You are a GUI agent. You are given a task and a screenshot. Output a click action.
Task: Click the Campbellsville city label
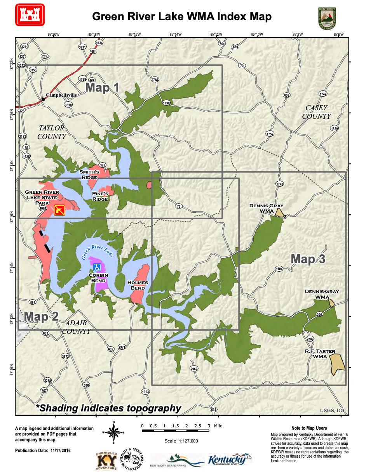[61, 95]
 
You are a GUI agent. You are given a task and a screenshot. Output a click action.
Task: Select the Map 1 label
[102, 87]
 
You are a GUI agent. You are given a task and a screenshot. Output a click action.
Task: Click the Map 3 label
[308, 259]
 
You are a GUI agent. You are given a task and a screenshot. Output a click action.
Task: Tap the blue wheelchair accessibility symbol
[98, 267]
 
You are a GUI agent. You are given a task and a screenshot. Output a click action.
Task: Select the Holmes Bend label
[136, 285]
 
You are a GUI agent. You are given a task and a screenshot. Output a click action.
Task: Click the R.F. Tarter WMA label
[320, 354]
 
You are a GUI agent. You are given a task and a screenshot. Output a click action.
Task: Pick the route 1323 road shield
[145, 392]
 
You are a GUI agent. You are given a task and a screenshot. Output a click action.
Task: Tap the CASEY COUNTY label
[318, 112]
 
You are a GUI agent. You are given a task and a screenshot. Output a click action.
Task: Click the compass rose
[113, 432]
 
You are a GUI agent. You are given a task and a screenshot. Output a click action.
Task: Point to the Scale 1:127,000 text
[181, 441]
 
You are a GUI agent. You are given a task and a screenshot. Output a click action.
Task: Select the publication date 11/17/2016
[43, 451]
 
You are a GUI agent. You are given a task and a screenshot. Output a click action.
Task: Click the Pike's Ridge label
[100, 196]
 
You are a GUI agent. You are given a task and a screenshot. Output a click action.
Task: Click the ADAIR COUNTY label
[77, 327]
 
